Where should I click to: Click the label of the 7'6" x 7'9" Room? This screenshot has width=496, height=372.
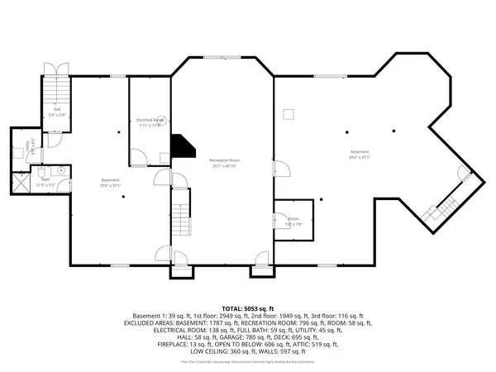tap(293, 221)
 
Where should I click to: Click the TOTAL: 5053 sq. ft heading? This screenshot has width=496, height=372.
tap(248, 308)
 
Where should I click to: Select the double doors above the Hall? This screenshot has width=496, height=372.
tap(56, 70)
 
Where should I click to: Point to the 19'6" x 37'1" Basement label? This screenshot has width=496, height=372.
tap(111, 183)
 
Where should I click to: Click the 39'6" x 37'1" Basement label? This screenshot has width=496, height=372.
tap(360, 154)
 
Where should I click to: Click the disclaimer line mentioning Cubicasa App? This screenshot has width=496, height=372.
tap(248, 361)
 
